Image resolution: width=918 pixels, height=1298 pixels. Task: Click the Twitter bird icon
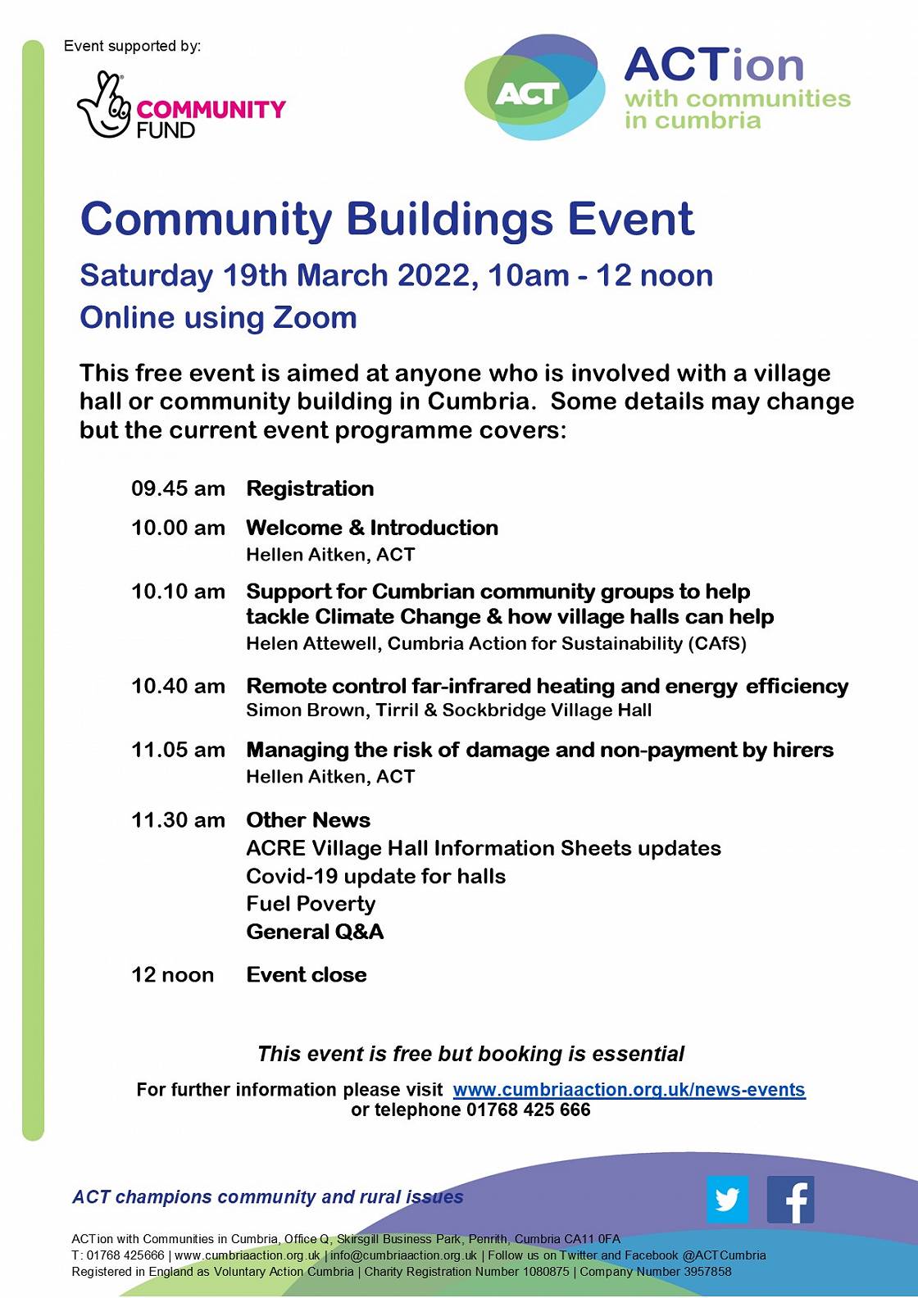coord(727,1200)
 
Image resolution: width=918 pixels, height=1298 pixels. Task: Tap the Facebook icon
coord(790,1200)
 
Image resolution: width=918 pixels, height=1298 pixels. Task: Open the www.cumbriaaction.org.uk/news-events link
coord(629,1090)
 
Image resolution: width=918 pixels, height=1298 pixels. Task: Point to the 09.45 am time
coord(178,489)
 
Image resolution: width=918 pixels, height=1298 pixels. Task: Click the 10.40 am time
coord(178,686)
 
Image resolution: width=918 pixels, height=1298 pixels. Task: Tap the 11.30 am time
coord(178,820)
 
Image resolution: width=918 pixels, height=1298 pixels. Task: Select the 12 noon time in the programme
coord(172,975)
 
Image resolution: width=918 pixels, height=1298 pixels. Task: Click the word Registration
coord(310,489)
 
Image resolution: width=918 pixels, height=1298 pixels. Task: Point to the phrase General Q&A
coord(315,932)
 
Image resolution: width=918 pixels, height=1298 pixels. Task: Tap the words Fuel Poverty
coord(311,904)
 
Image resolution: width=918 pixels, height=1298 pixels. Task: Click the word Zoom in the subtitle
coord(315,318)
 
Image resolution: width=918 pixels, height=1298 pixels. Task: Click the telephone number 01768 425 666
coord(528,1110)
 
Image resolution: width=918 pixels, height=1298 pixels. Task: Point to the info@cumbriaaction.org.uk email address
coord(403,1255)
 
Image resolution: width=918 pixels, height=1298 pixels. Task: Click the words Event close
coord(307,975)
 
